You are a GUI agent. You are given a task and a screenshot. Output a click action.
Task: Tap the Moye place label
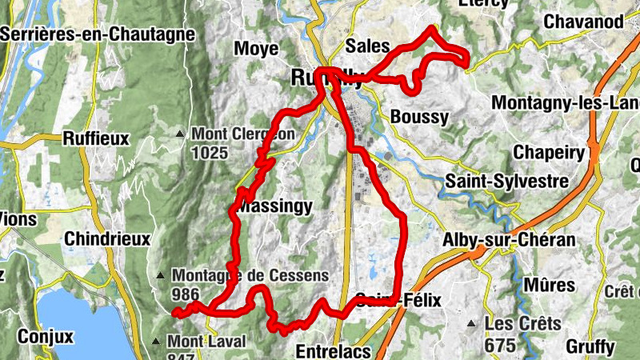point(256,49)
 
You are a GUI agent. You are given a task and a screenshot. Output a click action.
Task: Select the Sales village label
point(367,45)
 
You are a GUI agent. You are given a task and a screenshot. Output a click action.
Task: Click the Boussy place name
point(420,117)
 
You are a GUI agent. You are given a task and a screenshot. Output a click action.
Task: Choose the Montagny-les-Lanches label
point(565,103)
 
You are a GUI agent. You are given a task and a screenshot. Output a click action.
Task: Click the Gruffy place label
point(590,347)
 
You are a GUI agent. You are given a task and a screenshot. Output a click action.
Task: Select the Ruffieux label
point(95,138)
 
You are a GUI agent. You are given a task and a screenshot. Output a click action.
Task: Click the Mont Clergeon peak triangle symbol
point(182,134)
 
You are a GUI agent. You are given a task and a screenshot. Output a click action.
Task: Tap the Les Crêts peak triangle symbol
point(473,324)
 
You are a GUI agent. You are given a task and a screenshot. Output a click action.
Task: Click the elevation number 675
point(501,345)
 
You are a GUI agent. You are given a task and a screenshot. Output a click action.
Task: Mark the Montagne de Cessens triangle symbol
point(163,276)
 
